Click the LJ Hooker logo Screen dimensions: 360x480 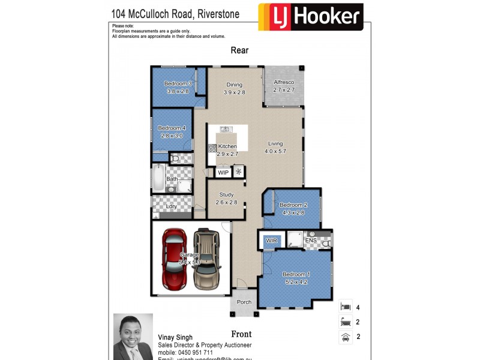310,17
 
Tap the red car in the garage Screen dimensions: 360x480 175,259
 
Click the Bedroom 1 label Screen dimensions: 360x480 295,275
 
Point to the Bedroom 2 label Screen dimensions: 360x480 292,205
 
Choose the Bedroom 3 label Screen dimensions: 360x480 178,83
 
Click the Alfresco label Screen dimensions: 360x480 284,82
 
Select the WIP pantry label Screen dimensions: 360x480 223,172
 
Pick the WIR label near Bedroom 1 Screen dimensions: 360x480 271,241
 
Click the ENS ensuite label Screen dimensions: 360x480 311,241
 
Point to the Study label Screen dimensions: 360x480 226,194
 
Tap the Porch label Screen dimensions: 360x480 244,302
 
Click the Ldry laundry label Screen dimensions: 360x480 172,206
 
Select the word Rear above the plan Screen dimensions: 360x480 239,50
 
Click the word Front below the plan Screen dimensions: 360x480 241,334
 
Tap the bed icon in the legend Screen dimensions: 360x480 345,307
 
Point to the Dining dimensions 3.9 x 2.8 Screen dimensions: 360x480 235,92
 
